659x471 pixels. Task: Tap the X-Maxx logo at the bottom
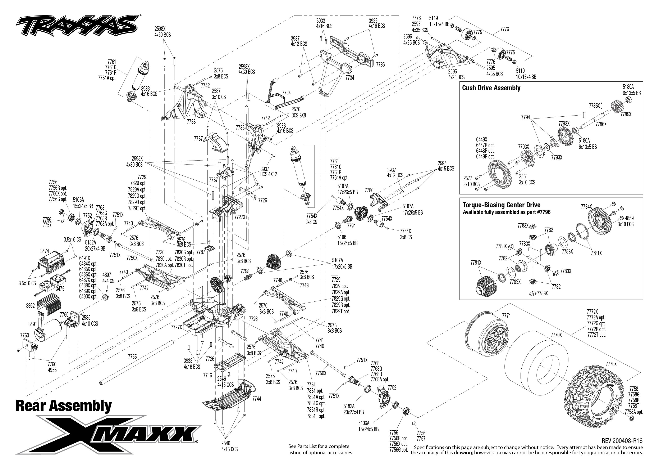click(109, 434)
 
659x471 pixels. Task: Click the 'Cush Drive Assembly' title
click(491, 88)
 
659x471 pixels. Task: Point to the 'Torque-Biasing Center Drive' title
click(502, 205)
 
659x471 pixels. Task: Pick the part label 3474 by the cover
click(45, 251)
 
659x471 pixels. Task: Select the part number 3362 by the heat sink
click(30, 306)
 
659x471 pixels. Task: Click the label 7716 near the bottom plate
click(207, 375)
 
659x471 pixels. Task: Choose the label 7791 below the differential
click(351, 226)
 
